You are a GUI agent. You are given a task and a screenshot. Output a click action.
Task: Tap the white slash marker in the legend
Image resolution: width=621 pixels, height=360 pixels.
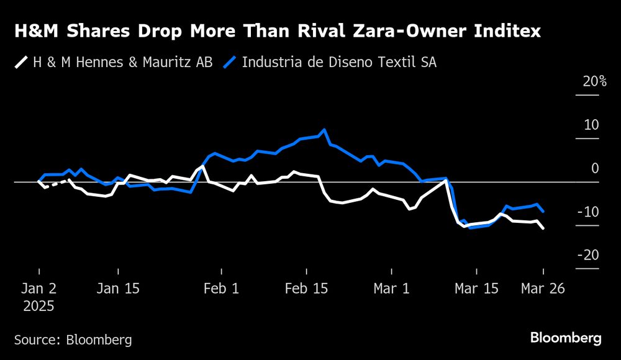click(x=21, y=63)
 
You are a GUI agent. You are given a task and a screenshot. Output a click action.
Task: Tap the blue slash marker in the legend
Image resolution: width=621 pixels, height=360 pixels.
click(x=230, y=63)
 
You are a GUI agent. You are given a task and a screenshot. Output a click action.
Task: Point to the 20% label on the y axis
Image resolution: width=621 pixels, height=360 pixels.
click(x=594, y=81)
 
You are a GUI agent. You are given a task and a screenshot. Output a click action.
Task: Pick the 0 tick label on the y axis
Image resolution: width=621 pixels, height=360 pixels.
click(x=595, y=168)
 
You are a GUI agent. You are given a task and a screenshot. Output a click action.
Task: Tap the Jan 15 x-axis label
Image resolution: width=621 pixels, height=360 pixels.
click(x=119, y=289)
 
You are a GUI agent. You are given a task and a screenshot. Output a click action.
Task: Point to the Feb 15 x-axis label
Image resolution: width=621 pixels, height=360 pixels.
click(x=306, y=289)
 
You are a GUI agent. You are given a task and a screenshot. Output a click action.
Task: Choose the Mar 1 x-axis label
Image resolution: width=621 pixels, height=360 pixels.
click(x=391, y=289)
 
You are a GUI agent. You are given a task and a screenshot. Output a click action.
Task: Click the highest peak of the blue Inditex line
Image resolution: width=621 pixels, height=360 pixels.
click(x=324, y=130)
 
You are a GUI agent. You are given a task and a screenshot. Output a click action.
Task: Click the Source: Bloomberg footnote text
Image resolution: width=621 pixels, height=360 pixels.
click(x=73, y=340)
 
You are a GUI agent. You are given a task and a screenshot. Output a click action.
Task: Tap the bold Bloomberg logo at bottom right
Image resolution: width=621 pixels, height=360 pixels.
click(x=566, y=338)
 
